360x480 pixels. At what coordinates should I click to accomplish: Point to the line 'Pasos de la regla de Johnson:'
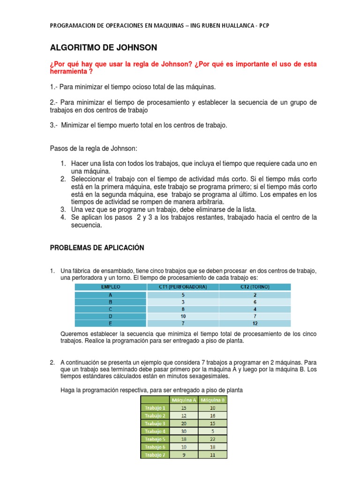click(x=93, y=148)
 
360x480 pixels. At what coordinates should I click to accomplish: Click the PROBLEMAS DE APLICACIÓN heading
click(x=97, y=247)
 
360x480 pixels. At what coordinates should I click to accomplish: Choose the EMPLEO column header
click(x=111, y=286)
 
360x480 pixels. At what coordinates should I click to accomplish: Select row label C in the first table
click(x=111, y=309)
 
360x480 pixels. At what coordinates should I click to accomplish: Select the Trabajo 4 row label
click(x=155, y=431)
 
